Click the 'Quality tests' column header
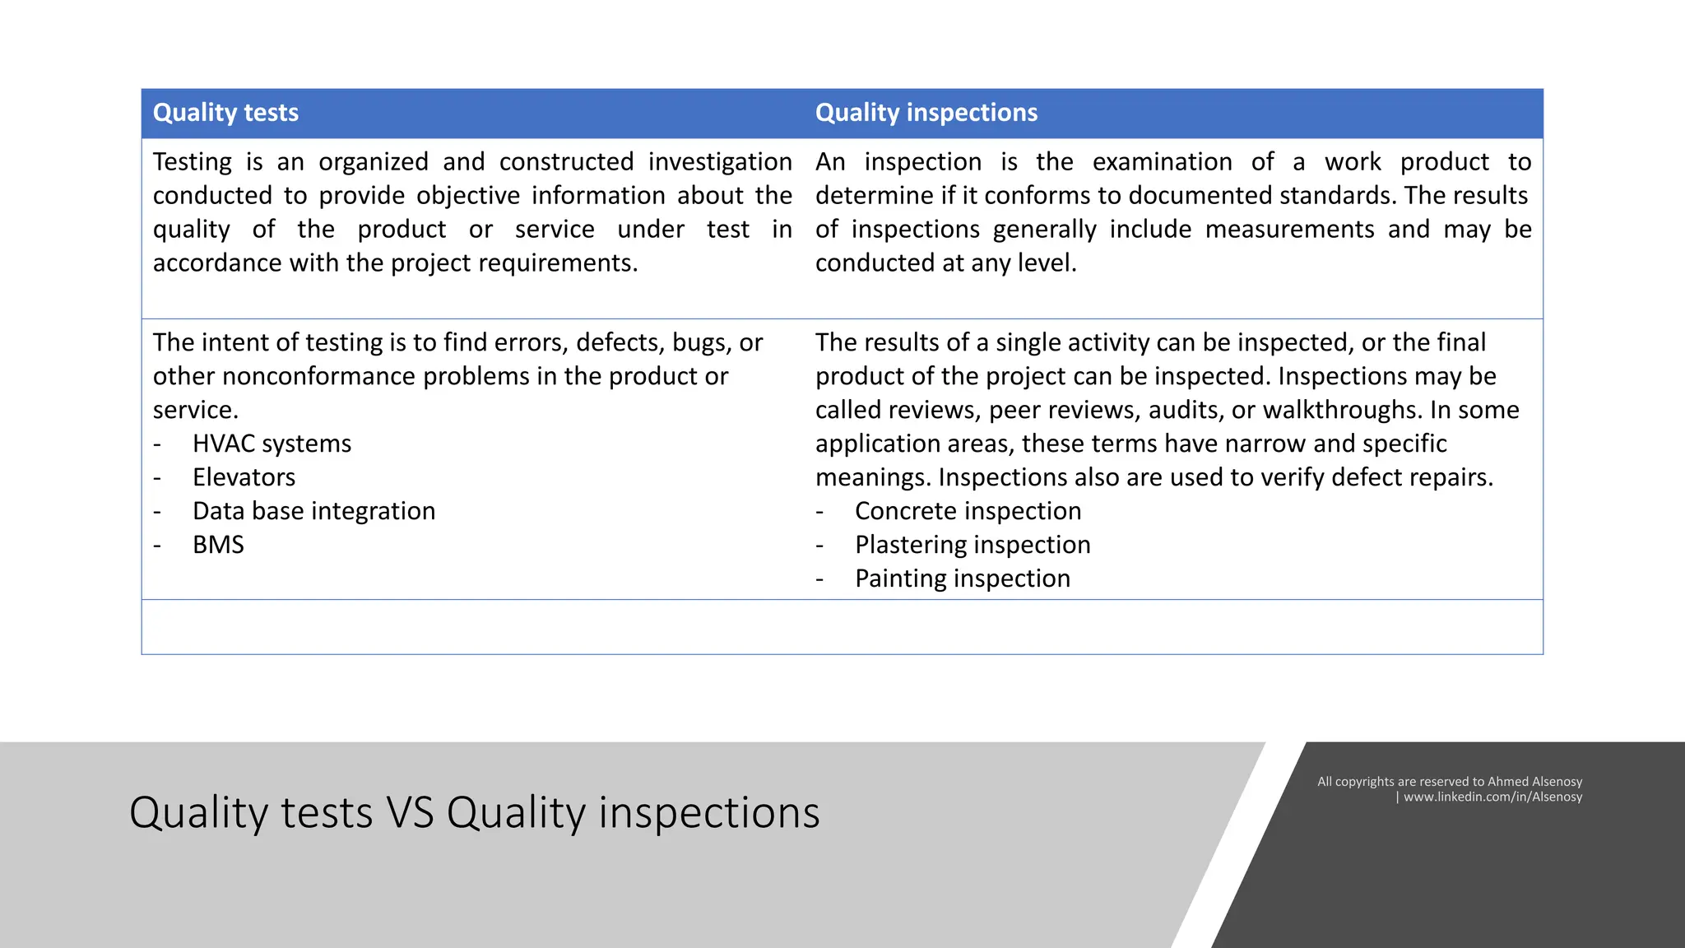(x=225, y=113)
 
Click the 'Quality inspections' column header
(x=926, y=113)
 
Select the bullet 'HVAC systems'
(x=272, y=444)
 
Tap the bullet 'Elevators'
(x=244, y=477)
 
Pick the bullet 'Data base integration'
(x=313, y=511)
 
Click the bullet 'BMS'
(x=218, y=545)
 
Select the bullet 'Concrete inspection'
(x=968, y=511)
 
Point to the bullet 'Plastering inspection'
(x=972, y=545)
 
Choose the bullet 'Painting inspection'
(x=962, y=579)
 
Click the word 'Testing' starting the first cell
(x=193, y=162)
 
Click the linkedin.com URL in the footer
(x=1492, y=797)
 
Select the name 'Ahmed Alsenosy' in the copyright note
(x=1534, y=782)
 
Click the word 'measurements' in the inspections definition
(x=1289, y=230)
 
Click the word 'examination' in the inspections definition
(x=1162, y=162)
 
